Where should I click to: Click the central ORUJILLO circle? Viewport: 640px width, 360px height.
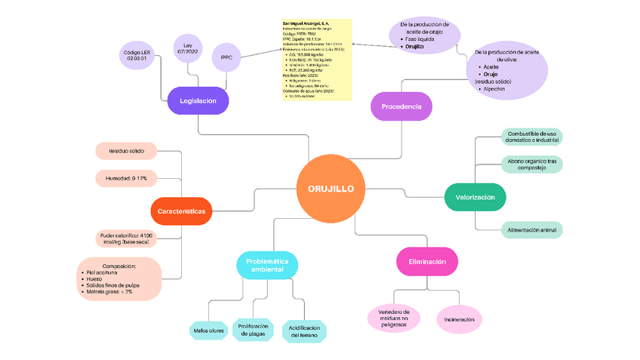coord(331,189)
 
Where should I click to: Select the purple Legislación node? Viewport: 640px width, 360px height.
coord(198,100)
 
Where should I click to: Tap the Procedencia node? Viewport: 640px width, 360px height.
coord(401,107)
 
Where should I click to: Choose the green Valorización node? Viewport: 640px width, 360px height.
coord(475,197)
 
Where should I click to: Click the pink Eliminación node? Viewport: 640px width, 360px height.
coord(427,261)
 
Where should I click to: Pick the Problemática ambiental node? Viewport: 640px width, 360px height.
coord(267,265)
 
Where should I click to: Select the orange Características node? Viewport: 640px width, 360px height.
coord(182,211)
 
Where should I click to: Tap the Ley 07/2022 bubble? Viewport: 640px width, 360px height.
coord(188,49)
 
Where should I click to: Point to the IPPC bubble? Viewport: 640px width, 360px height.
coord(226,57)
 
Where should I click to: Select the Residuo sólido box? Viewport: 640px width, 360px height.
coord(126,151)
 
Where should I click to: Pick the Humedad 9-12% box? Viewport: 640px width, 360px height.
coord(126,178)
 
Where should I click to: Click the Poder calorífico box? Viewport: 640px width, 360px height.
coord(127,239)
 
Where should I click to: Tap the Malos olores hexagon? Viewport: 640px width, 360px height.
coord(208,330)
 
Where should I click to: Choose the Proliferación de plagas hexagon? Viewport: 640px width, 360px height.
coord(252,330)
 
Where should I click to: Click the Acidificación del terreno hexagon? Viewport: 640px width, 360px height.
coord(304,331)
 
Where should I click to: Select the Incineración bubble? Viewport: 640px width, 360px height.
coord(460,319)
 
